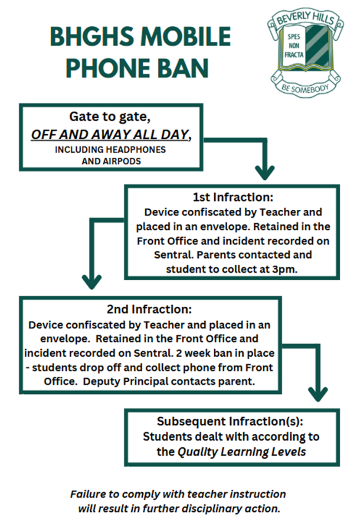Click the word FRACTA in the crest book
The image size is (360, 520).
(x=294, y=55)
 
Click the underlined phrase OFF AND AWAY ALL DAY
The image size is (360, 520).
(x=109, y=135)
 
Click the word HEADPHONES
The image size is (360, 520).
(x=138, y=150)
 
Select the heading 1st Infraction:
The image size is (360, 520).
(x=233, y=197)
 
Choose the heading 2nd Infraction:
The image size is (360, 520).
(x=149, y=309)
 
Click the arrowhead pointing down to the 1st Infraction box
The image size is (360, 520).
(x=265, y=173)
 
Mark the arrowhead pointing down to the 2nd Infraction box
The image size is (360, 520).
(x=92, y=282)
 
